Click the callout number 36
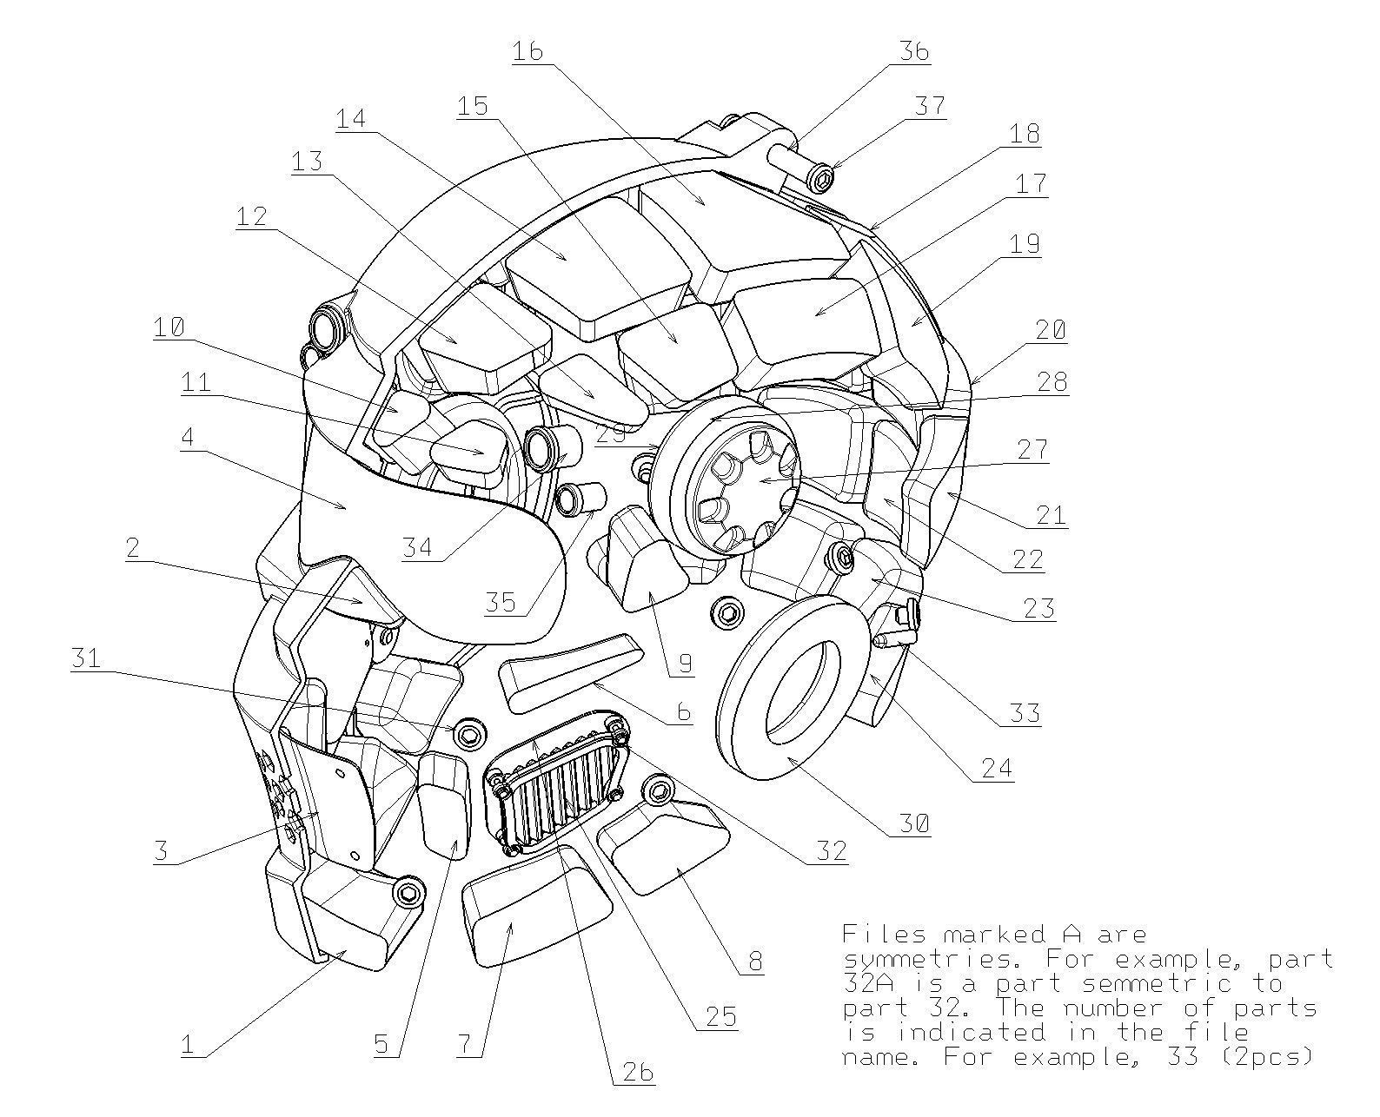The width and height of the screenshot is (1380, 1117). (x=913, y=51)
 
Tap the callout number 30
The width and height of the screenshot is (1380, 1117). (x=913, y=823)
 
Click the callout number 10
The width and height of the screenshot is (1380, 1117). (x=169, y=327)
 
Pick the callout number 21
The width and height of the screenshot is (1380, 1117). (x=1051, y=515)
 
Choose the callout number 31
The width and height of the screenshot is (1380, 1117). (x=85, y=659)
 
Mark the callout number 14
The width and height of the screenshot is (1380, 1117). (x=352, y=118)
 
